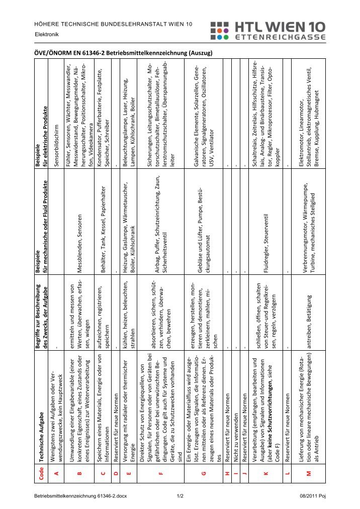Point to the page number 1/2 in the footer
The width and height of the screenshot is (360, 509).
coord(179,496)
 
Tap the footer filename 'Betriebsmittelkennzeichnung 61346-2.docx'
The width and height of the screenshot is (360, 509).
coord(80,496)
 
